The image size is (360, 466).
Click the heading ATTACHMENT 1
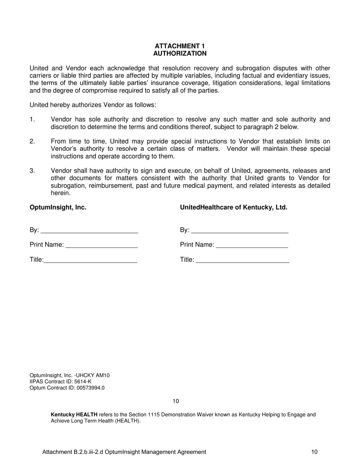(180, 46)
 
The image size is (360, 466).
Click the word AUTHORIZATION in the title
(180, 53)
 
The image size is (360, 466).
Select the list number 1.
(32, 120)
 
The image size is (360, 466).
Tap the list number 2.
(32, 142)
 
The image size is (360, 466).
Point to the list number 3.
(32, 171)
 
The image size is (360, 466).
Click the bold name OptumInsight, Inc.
(58, 208)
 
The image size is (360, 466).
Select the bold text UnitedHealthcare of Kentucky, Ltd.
(233, 208)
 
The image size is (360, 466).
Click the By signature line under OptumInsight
(89, 231)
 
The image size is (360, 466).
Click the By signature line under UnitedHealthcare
(239, 231)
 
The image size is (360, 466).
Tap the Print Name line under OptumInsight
(101, 246)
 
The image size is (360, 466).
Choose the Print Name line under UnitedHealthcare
(252, 246)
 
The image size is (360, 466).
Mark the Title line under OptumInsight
(90, 260)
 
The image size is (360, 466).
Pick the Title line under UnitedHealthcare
(243, 260)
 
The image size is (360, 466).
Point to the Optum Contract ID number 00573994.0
(90, 388)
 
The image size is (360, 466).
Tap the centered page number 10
(176, 401)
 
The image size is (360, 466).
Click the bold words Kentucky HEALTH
(74, 415)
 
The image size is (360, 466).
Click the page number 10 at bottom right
(314, 452)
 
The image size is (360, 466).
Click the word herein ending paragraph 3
(60, 193)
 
